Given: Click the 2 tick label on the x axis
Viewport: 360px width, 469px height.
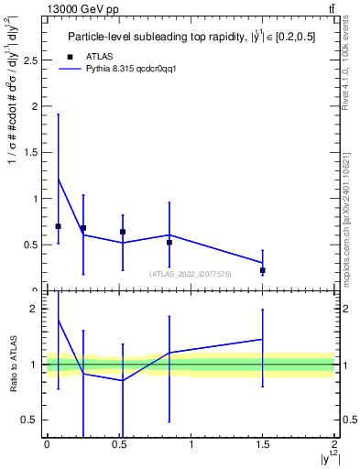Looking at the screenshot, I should tap(335, 443).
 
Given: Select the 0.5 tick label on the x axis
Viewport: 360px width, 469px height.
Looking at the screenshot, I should tap(118, 443).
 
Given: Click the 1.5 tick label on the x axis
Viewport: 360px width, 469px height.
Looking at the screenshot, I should tap(263, 443).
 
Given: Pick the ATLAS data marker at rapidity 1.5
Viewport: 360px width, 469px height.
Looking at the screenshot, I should tap(262, 270).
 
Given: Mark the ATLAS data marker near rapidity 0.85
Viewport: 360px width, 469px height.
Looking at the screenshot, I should tap(169, 243).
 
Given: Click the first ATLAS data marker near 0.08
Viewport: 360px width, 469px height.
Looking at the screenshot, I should tap(59, 226).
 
